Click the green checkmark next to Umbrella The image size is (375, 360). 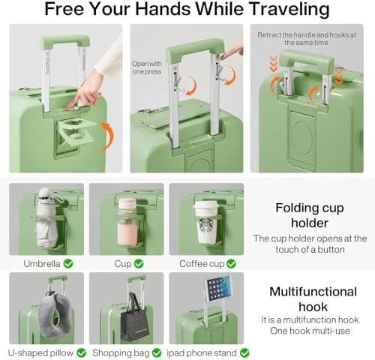(68, 263)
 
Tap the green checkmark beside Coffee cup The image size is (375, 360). (231, 263)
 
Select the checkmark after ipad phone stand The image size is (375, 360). (244, 352)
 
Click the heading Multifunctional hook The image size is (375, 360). (313, 298)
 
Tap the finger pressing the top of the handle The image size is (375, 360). (231, 52)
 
